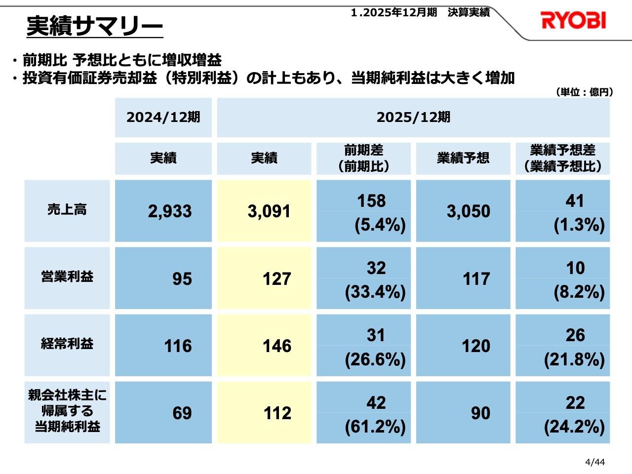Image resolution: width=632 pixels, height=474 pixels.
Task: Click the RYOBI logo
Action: pyautogui.click(x=573, y=21)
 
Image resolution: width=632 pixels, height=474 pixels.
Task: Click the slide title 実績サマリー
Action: pyautogui.click(x=94, y=26)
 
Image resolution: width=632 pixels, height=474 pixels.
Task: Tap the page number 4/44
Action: pyautogui.click(x=594, y=462)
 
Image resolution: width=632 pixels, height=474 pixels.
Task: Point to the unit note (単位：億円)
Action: pyautogui.click(x=584, y=92)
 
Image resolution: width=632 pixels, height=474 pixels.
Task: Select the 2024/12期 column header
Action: pyautogui.click(x=163, y=118)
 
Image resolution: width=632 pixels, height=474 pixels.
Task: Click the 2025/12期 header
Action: pyautogui.click(x=413, y=118)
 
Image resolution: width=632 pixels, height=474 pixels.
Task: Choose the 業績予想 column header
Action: pyautogui.click(x=463, y=158)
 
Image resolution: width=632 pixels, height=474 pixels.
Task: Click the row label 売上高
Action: pyautogui.click(x=67, y=210)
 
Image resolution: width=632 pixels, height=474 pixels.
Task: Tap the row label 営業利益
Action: pyautogui.click(x=67, y=276)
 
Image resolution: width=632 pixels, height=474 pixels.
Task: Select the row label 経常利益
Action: pyautogui.click(x=67, y=344)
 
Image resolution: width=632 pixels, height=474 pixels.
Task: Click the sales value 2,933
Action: pyautogui.click(x=170, y=211)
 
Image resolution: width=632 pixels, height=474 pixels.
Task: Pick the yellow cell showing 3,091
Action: pyautogui.click(x=269, y=211)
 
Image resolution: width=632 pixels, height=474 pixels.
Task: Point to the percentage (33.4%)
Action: pyautogui.click(x=375, y=292)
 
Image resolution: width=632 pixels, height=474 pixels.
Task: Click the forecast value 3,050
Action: pyautogui.click(x=468, y=211)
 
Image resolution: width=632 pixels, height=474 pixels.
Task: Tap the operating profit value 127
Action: pyautogui.click(x=276, y=279)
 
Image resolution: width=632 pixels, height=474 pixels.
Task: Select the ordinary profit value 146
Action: pyautogui.click(x=276, y=346)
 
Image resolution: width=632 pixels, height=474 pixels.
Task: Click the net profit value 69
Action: pyautogui.click(x=182, y=413)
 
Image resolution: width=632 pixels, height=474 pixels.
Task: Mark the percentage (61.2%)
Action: pyautogui.click(x=375, y=427)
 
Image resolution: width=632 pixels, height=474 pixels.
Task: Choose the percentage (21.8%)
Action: pyautogui.click(x=574, y=359)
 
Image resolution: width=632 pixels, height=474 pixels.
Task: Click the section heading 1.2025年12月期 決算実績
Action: pyautogui.click(x=420, y=13)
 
